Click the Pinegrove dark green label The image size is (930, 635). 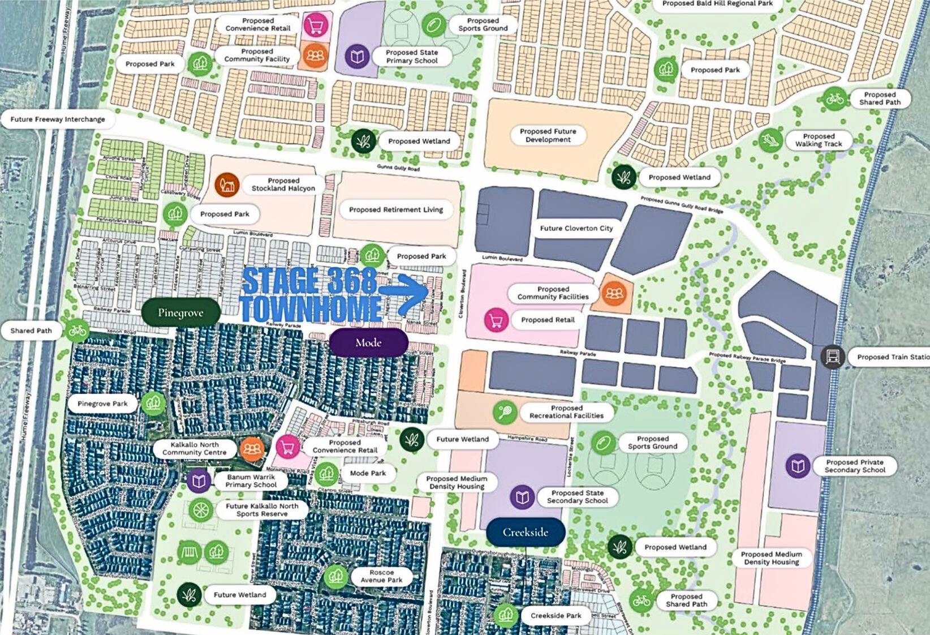click(x=180, y=312)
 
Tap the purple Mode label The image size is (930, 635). click(x=368, y=342)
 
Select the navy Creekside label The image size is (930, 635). click(x=525, y=532)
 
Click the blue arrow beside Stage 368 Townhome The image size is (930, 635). click(x=405, y=293)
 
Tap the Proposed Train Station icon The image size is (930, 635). click(x=832, y=357)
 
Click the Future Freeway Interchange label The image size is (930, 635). click(x=57, y=119)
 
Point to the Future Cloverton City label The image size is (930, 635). click(x=576, y=228)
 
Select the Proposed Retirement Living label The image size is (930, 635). click(x=395, y=209)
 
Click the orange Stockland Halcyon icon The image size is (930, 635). click(x=227, y=185)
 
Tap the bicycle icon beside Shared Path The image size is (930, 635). click(x=77, y=331)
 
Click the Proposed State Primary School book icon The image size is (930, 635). click(x=357, y=56)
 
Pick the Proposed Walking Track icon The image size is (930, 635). click(x=770, y=140)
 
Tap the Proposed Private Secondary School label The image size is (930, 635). click(x=854, y=466)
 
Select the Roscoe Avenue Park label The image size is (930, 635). click(x=381, y=576)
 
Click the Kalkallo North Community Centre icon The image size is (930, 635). click(x=252, y=449)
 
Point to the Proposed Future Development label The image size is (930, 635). click(x=548, y=135)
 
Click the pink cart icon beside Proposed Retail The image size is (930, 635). click(x=496, y=320)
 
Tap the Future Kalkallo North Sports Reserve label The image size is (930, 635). click(x=261, y=510)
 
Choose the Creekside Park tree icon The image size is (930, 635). click(x=505, y=615)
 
